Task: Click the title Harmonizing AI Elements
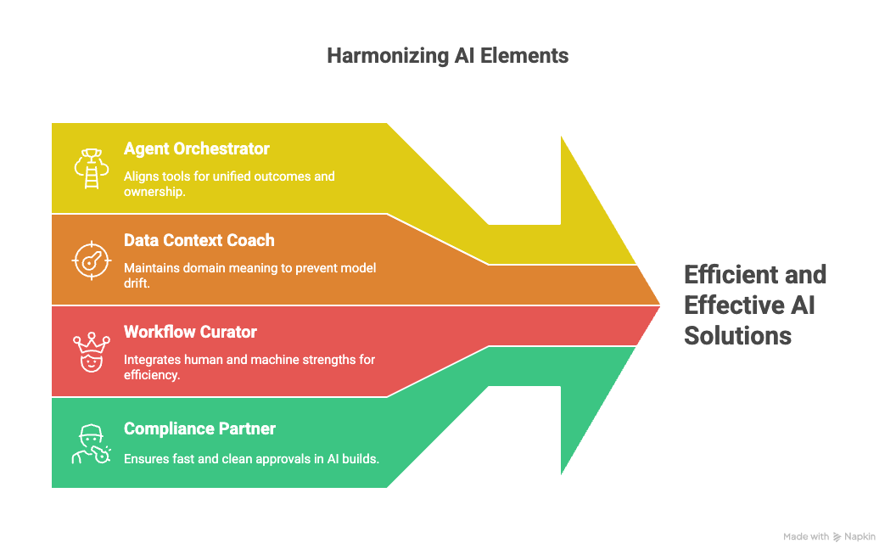(447, 56)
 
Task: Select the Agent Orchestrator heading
(196, 148)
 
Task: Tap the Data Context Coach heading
(199, 240)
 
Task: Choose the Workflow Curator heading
(190, 332)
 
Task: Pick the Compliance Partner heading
(199, 428)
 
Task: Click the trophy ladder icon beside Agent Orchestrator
(89, 168)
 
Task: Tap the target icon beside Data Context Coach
(89, 260)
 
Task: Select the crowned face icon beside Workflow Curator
(89, 351)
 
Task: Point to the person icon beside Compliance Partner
(90, 443)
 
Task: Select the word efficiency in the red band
(152, 375)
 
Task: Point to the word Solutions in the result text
(737, 335)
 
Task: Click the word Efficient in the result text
(732, 275)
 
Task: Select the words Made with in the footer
(805, 536)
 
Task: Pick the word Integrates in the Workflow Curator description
(153, 360)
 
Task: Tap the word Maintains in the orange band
(152, 268)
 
